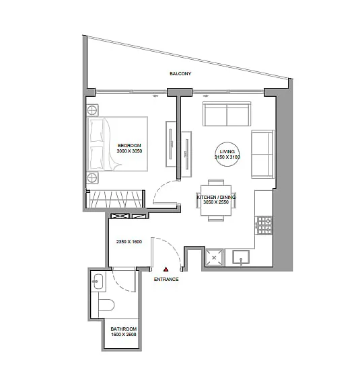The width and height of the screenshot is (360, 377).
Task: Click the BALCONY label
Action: tap(180, 73)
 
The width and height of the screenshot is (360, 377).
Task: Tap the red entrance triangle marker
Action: tap(166, 269)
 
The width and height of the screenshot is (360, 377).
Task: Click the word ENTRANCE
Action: tap(166, 279)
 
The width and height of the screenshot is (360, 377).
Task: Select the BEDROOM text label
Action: tap(129, 145)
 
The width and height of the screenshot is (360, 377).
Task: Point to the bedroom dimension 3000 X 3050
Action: tap(129, 151)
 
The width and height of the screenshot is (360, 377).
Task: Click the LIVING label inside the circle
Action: tap(227, 151)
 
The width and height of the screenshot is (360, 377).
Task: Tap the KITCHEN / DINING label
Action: tap(216, 197)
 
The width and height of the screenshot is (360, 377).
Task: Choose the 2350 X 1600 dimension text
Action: tap(129, 242)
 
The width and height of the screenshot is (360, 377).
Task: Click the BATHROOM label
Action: tap(124, 329)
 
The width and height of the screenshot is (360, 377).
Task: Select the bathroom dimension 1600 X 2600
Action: tap(124, 335)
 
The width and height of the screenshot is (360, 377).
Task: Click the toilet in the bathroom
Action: tap(106, 305)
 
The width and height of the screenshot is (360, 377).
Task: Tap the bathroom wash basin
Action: tap(98, 282)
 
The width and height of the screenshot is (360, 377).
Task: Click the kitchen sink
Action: tap(241, 257)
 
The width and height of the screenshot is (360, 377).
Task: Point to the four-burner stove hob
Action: tap(264, 225)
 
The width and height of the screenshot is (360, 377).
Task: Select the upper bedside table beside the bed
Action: tap(92, 110)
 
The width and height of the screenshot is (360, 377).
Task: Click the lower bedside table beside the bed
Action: tap(92, 178)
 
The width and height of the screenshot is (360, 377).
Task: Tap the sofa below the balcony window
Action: tap(227, 114)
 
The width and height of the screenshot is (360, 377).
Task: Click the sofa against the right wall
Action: tap(262, 154)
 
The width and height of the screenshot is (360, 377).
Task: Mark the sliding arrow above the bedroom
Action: tap(155, 96)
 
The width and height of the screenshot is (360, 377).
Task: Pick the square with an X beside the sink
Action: tap(214, 258)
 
